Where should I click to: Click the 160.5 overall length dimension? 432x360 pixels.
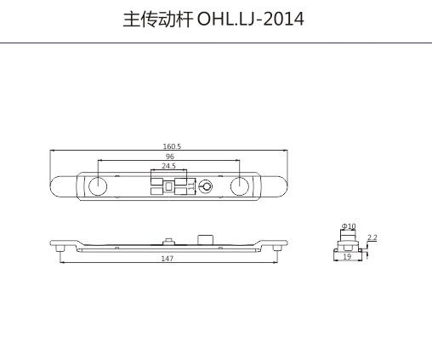click(172, 146)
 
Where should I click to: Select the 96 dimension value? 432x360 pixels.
click(169, 157)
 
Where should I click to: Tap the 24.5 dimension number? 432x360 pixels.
click(168, 166)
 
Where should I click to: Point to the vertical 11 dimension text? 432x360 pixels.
click(191, 186)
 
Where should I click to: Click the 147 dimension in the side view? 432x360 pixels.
click(168, 259)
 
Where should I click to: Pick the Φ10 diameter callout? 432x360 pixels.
click(349, 226)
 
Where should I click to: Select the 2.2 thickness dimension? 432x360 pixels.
click(372, 237)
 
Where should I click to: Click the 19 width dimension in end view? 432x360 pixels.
click(347, 256)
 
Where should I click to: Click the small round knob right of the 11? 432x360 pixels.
click(205, 186)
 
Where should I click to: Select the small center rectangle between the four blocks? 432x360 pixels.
click(169, 186)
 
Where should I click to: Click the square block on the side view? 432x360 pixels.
click(205, 239)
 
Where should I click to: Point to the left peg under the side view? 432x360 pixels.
click(60, 249)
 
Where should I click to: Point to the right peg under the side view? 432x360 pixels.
click(277, 249)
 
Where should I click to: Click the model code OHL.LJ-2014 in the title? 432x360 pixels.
click(250, 20)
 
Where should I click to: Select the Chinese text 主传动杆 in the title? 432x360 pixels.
click(158, 20)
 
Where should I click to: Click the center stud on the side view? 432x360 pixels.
click(169, 241)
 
